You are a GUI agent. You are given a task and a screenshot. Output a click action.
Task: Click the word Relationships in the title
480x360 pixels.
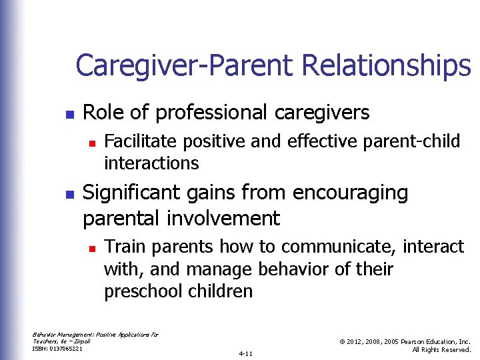pyautogui.click(x=386, y=66)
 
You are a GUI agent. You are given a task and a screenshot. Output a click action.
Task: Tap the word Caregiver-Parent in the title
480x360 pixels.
pyautogui.click(x=185, y=66)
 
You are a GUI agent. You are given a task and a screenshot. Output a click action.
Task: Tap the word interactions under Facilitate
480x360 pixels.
pyautogui.click(x=151, y=163)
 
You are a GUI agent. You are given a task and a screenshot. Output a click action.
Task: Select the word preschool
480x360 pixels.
pyautogui.click(x=142, y=291)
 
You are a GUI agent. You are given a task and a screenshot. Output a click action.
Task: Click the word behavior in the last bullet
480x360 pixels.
pyautogui.click(x=296, y=269)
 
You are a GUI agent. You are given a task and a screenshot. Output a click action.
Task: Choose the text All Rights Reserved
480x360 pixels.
pyautogui.click(x=442, y=349)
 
